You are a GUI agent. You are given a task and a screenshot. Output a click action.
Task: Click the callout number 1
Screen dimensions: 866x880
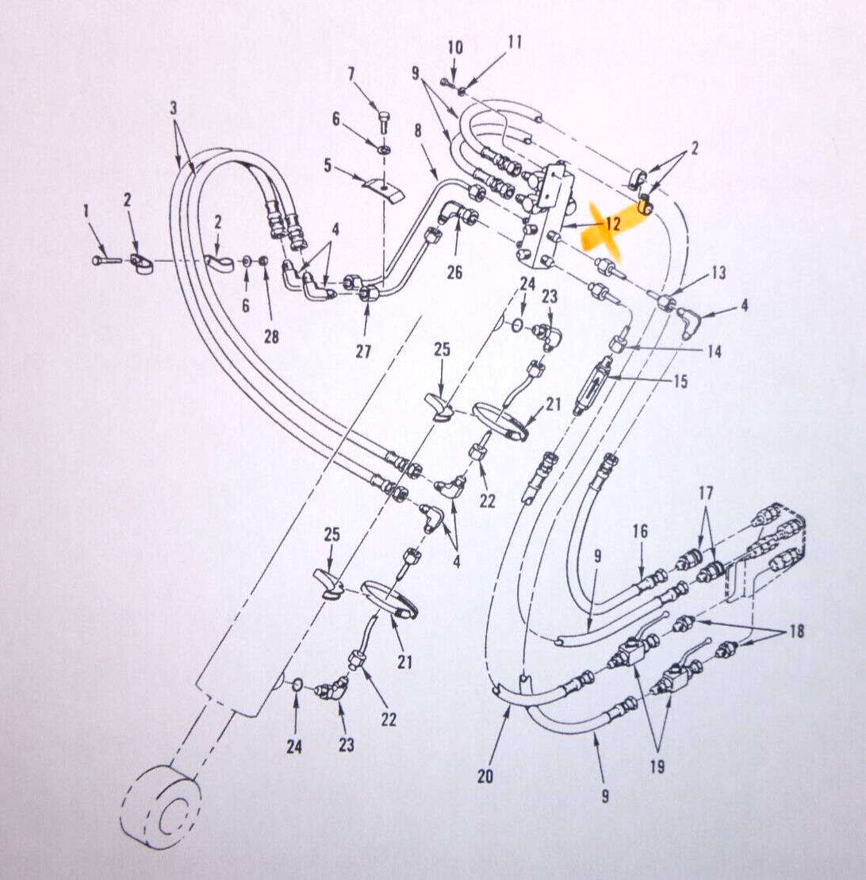(x=86, y=212)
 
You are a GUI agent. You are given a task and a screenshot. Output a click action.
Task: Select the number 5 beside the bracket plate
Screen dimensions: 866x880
(x=328, y=166)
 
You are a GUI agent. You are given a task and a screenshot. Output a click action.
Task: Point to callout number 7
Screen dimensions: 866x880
(x=351, y=74)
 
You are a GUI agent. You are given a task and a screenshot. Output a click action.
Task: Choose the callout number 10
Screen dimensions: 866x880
(x=455, y=47)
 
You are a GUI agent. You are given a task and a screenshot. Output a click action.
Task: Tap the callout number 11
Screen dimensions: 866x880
(x=515, y=41)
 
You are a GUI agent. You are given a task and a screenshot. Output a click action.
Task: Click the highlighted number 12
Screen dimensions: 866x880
(x=612, y=224)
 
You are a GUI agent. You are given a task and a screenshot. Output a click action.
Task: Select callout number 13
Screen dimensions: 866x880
(x=718, y=273)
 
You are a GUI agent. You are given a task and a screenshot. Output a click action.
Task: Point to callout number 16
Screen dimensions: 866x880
(x=640, y=531)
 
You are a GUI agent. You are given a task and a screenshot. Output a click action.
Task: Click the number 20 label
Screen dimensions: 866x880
(x=485, y=776)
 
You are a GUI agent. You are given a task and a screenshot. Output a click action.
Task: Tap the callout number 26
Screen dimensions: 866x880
(x=454, y=272)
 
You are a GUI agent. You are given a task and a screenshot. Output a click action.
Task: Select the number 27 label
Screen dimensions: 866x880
(x=363, y=352)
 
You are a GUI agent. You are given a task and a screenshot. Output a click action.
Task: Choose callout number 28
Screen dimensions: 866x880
(x=272, y=336)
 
